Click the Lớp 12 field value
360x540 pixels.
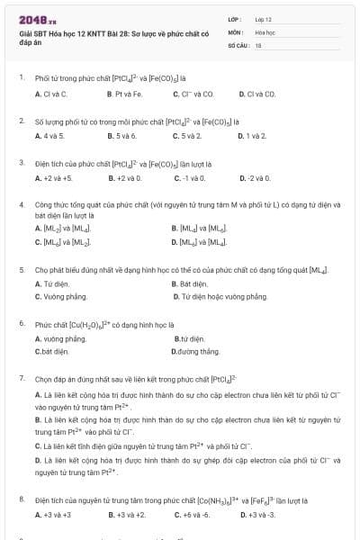click(x=263, y=18)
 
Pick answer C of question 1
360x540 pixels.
click(x=193, y=94)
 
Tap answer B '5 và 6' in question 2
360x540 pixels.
click(x=121, y=136)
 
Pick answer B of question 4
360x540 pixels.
click(x=195, y=229)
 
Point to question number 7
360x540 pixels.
click(x=22, y=379)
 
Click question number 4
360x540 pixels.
click(x=22, y=205)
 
